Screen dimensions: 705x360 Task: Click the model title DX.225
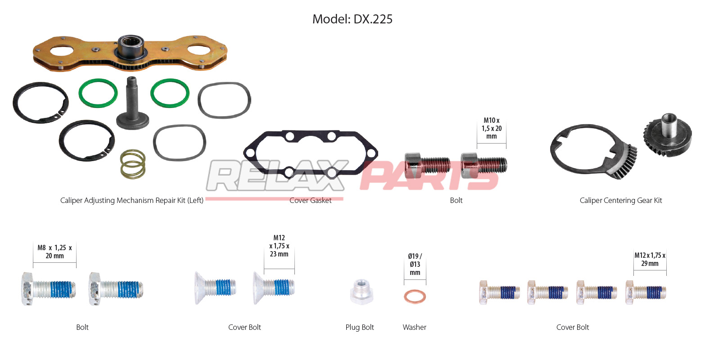pyautogui.click(x=373, y=19)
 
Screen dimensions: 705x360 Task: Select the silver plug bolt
pyautogui.click(x=362, y=292)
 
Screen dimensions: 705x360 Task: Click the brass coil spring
pyautogui.click(x=133, y=164)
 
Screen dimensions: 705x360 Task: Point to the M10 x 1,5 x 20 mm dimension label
pyautogui.click(x=492, y=128)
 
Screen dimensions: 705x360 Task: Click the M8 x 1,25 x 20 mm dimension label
pyautogui.click(x=55, y=252)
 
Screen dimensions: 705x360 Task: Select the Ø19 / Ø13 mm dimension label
pyautogui.click(x=415, y=264)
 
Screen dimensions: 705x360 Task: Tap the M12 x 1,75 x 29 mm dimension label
pyautogui.click(x=650, y=259)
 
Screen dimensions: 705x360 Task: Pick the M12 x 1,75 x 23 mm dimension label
pyautogui.click(x=279, y=246)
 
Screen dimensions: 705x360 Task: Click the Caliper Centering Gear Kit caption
pyautogui.click(x=621, y=200)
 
